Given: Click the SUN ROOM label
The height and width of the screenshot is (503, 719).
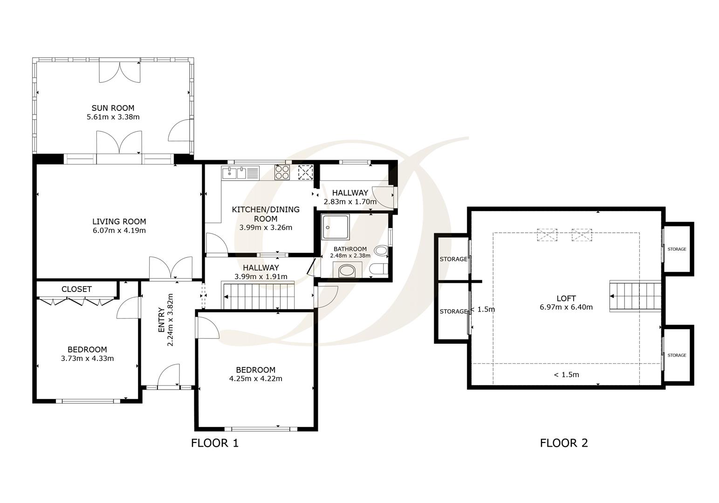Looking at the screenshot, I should (113, 108).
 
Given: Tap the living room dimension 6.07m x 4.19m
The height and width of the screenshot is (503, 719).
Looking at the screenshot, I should (119, 231).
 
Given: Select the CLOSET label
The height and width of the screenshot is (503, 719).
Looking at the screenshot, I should (76, 289).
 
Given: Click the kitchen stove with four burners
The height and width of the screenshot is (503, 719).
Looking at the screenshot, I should (282, 172).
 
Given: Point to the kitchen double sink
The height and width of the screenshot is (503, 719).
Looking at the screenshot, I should (235, 173).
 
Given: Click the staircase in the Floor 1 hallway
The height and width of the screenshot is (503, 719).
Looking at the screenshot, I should (259, 296).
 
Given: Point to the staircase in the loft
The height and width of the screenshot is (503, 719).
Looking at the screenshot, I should (636, 296).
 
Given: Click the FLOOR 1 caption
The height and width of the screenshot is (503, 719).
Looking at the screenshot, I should (214, 443).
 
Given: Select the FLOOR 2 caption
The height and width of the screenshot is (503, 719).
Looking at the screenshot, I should (564, 443).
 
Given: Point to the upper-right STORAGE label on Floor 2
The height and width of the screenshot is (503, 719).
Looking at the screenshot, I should (677, 249).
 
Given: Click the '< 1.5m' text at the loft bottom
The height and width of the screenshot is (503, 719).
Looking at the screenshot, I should (566, 374).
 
